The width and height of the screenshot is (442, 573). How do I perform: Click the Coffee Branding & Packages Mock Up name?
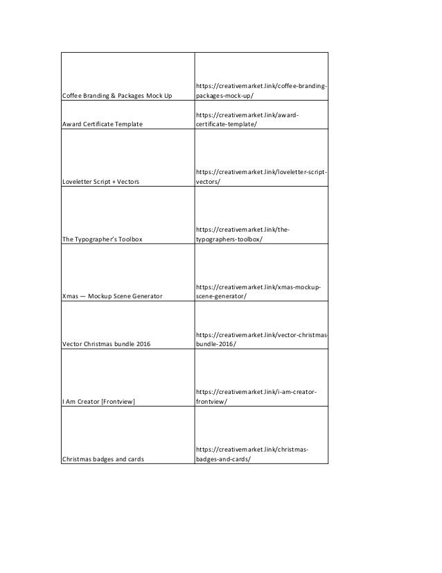tap(117, 95)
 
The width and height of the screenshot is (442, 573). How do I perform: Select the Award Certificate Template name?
tap(103, 124)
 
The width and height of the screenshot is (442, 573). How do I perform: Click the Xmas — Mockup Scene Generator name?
tap(112, 297)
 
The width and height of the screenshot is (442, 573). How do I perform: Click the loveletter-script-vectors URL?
tap(262, 176)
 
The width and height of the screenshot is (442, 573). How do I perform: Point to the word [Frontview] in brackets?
tap(119, 401)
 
